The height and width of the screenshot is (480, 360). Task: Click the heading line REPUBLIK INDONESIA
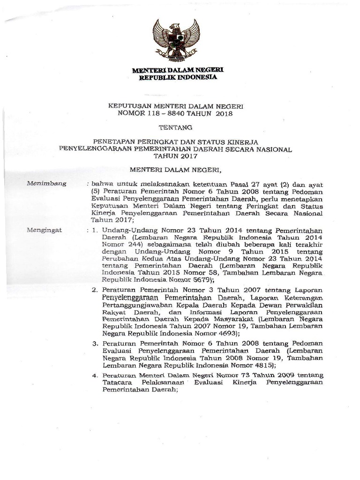point(177,77)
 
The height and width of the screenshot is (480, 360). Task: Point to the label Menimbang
point(46,184)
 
